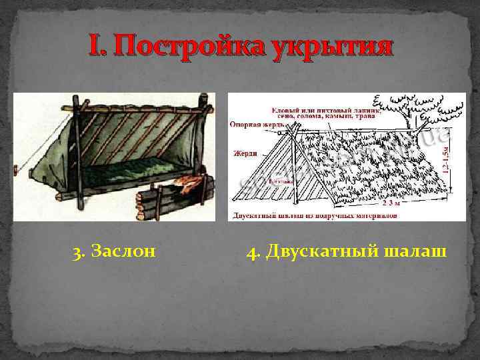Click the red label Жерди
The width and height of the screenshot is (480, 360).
[245, 153]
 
